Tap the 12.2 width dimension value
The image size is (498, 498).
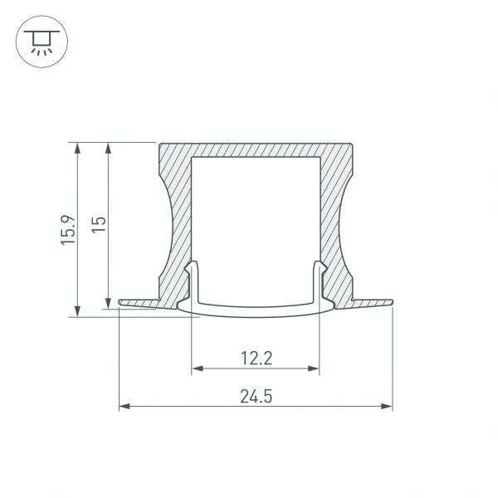256,359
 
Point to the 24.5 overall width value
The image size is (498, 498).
256,397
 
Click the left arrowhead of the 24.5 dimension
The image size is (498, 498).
124,407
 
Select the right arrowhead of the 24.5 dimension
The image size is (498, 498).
387,407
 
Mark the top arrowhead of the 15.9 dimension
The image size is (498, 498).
77,147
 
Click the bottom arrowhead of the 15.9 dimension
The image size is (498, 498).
77,311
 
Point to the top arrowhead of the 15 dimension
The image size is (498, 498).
108,147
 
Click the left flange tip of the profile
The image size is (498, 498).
121,301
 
